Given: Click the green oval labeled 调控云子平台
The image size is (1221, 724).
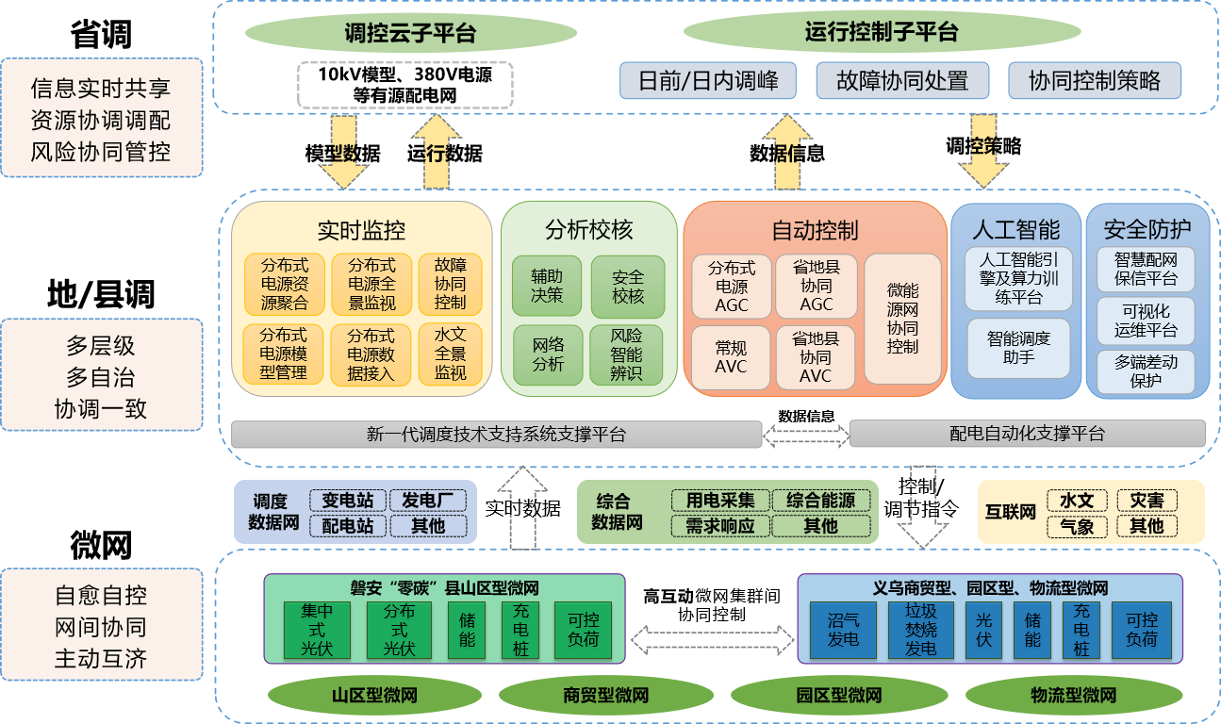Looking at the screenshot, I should [410, 34].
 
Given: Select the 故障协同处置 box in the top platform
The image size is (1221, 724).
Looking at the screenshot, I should [902, 80].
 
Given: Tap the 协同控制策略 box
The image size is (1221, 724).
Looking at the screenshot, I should [1094, 80].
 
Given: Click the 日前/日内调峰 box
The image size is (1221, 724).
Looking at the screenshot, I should [708, 80].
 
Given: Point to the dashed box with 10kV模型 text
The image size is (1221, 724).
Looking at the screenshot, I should [404, 85].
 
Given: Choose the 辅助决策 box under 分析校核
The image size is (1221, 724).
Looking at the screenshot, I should [547, 286].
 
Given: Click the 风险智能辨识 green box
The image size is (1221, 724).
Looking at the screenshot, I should [627, 354].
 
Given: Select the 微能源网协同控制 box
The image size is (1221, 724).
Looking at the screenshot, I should [902, 319].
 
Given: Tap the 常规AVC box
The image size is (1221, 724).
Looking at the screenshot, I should [731, 356].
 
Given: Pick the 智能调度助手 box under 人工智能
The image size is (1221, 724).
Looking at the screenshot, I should [1018, 348].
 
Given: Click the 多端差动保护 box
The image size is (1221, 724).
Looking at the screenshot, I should [1146, 371].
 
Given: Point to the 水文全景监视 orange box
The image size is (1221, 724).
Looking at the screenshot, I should [450, 354].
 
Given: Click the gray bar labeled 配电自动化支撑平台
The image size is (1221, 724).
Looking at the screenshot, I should [1027, 434].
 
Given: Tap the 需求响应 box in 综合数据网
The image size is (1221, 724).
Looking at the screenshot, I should [720, 526].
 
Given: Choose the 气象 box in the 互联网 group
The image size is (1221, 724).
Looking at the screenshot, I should [1077, 526].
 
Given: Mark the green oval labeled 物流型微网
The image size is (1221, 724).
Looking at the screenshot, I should [1073, 697].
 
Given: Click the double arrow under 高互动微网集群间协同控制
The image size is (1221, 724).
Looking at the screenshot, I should [711, 640].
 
